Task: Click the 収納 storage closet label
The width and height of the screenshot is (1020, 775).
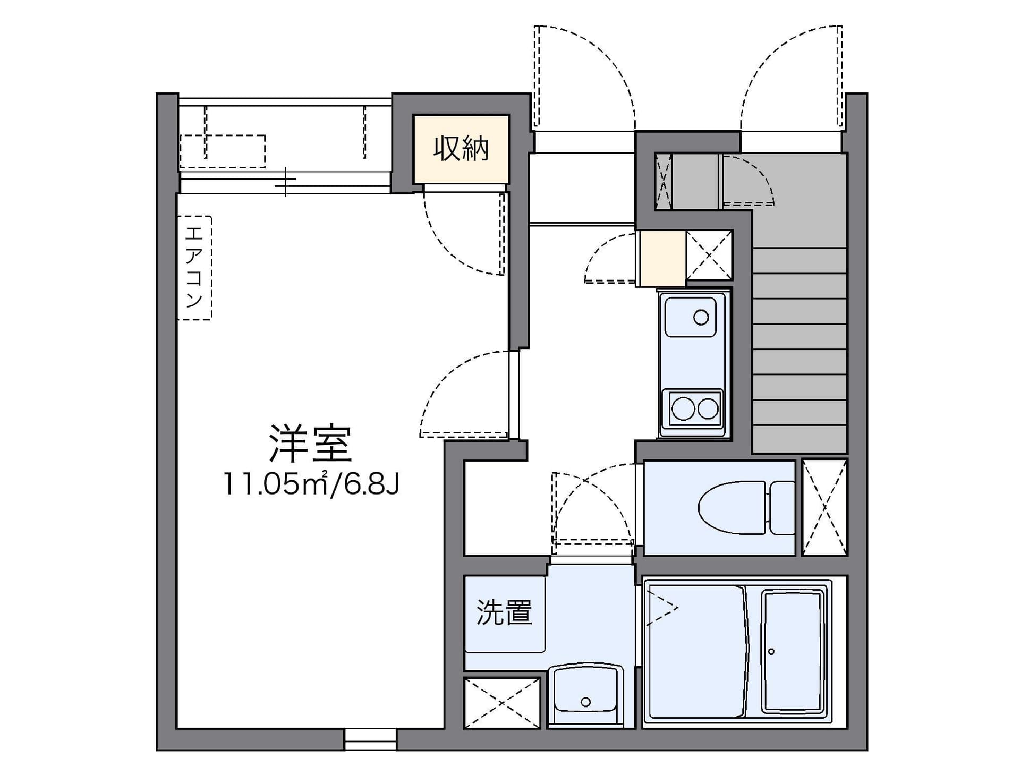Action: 461,148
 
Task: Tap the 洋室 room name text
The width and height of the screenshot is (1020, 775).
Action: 310,443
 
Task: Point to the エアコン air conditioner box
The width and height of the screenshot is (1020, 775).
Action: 194,268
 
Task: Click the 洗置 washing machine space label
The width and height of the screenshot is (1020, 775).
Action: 504,612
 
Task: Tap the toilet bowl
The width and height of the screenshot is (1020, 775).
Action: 732,508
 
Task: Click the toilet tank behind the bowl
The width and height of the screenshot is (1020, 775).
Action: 782,508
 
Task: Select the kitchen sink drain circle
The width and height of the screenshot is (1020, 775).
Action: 701,318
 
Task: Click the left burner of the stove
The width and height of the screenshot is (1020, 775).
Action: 683,410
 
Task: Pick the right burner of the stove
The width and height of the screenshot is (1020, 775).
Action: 708,409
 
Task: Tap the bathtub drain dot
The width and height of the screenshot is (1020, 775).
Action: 771,651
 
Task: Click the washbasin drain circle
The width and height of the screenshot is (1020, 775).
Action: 585,702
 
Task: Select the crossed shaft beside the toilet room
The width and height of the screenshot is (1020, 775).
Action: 824,507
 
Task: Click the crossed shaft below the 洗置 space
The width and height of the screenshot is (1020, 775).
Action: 502,703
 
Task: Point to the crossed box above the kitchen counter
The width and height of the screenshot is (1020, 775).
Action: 709,255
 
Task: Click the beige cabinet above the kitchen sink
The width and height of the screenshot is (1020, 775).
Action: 662,258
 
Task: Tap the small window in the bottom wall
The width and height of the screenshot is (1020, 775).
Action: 370,738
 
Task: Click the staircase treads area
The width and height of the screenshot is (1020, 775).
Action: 800,351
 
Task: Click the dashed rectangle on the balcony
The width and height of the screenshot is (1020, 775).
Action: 223,151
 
